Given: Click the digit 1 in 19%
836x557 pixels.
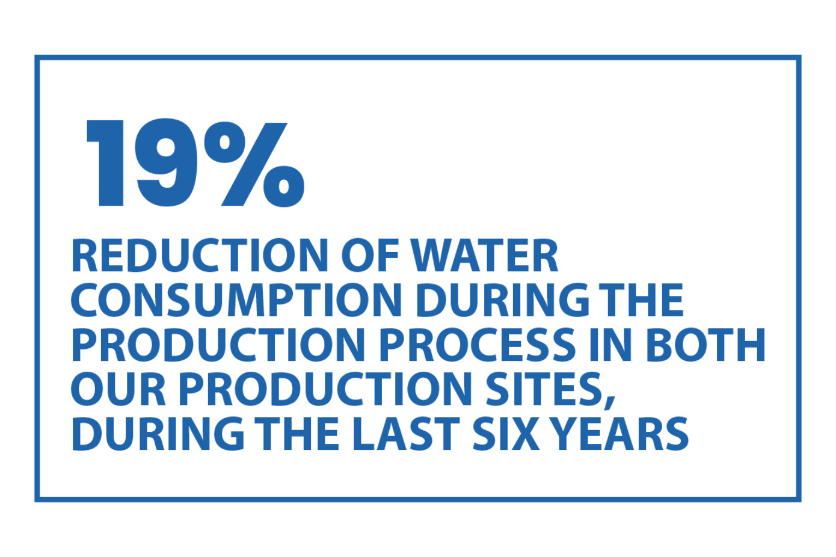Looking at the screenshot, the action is (x=108, y=163).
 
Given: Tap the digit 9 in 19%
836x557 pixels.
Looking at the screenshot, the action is (x=166, y=163).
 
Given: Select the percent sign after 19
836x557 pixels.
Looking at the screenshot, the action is (x=254, y=164).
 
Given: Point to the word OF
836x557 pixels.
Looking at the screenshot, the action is (x=370, y=256).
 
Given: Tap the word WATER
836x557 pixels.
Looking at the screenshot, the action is (x=484, y=256).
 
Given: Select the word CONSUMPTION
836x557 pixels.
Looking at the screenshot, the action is (x=236, y=301).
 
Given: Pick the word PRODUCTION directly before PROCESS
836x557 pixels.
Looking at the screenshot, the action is (x=218, y=345).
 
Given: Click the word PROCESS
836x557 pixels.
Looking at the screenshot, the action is (x=478, y=345).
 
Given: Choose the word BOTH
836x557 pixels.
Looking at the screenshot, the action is (x=705, y=345).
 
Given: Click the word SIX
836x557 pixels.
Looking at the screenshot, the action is (x=506, y=434).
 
